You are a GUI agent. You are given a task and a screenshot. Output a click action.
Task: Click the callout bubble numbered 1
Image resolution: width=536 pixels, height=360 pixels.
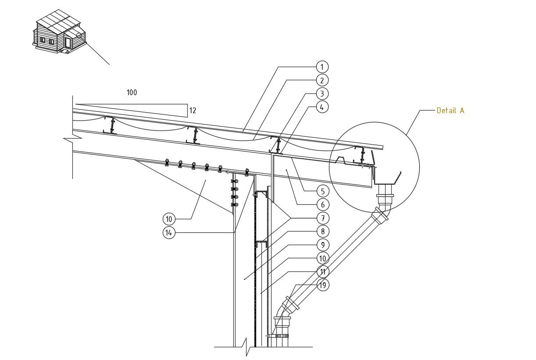322,67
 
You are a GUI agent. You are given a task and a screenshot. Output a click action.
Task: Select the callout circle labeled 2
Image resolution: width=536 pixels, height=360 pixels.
322,80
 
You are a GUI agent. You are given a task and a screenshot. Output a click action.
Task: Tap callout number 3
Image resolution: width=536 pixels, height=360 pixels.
322,93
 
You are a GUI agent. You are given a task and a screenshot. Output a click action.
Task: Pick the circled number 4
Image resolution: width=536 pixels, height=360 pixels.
322,107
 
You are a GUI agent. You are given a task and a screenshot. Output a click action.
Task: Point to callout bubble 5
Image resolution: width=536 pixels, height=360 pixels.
322,191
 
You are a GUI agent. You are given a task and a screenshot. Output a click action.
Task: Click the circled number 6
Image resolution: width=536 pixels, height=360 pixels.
322,204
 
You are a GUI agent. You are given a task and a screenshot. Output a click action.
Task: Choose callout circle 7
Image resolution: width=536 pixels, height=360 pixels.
322,218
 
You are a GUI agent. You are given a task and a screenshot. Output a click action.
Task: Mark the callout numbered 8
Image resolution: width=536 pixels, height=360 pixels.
322,232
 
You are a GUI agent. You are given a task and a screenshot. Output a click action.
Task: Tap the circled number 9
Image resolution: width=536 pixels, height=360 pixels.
322,245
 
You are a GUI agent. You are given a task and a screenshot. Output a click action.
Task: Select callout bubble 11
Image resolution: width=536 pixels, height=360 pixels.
322,272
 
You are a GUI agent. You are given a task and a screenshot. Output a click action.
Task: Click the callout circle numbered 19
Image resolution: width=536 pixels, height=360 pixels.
322,285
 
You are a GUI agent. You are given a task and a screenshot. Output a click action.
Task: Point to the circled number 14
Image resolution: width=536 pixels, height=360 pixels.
168,233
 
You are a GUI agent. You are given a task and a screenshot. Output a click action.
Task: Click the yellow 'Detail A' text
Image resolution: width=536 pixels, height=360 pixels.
450,110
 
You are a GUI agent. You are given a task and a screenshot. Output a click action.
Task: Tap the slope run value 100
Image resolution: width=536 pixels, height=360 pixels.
132,93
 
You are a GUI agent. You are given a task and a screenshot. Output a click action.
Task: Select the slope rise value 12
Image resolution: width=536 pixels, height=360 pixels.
193,110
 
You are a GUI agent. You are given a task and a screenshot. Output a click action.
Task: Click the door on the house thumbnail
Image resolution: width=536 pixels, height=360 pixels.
68,43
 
